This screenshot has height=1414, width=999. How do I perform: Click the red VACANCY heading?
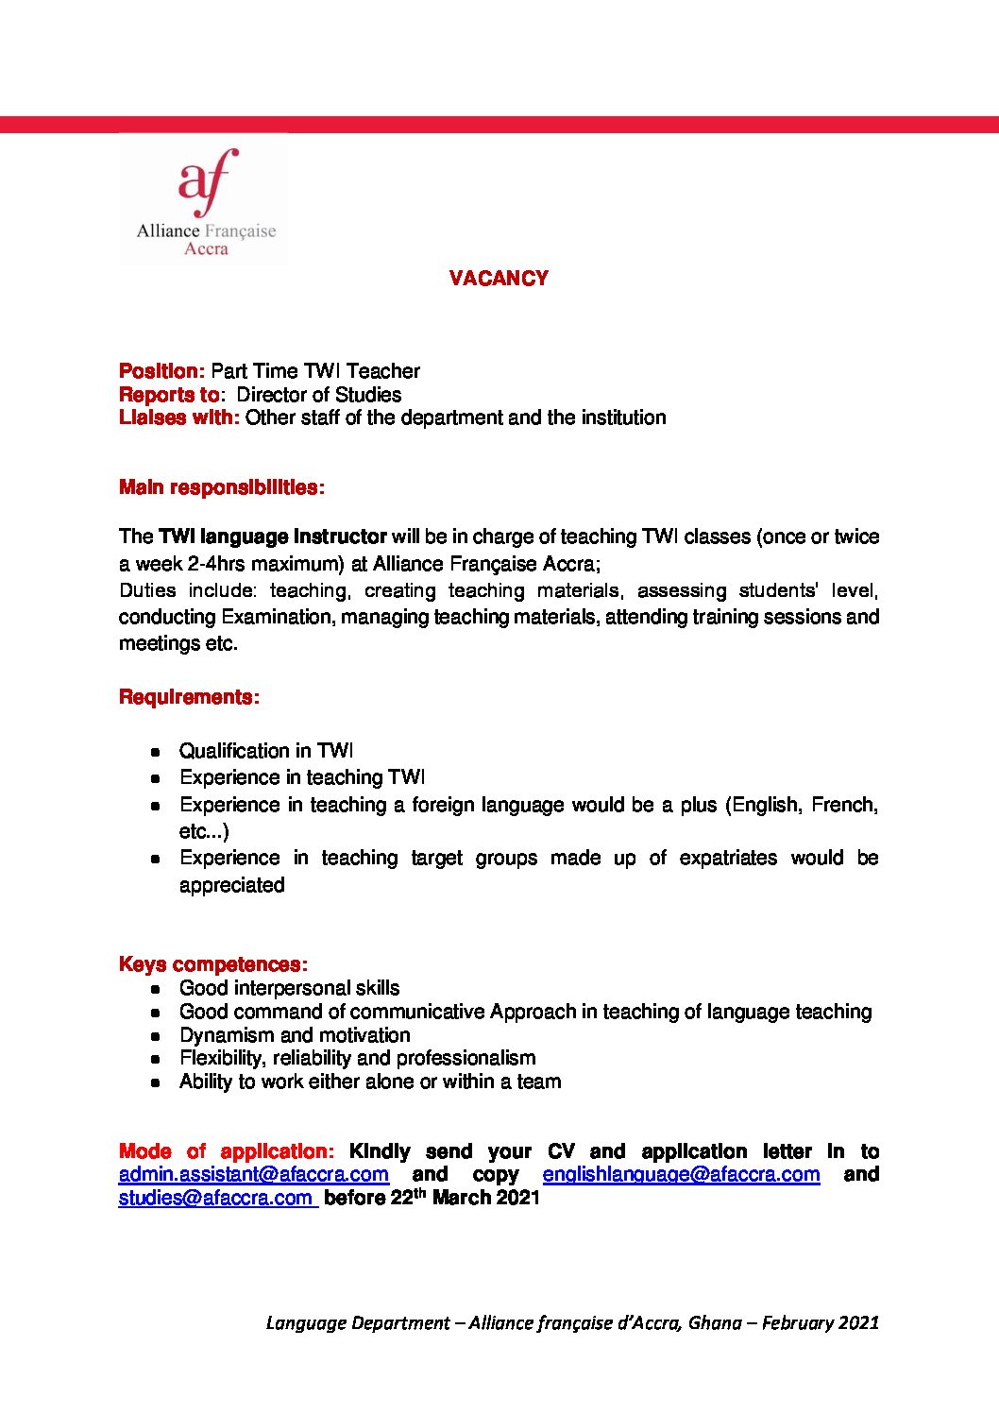point(499,278)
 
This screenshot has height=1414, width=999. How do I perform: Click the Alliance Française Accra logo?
point(205,200)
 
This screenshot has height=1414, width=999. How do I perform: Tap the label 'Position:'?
point(161,371)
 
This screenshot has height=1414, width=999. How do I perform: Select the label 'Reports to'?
point(169,395)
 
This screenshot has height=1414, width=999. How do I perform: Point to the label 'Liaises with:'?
point(179,417)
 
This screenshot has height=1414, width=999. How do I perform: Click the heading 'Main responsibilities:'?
point(222,487)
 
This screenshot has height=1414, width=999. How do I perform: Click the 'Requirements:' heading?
point(189,697)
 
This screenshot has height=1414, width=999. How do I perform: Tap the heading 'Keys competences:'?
point(213,964)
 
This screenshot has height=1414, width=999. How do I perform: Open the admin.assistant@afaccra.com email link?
point(254,1174)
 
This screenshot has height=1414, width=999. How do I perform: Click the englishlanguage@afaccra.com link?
point(681,1174)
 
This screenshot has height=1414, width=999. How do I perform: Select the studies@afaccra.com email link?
point(216,1198)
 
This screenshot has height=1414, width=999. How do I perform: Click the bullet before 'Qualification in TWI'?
point(156,752)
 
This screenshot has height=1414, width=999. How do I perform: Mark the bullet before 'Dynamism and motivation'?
point(156,1036)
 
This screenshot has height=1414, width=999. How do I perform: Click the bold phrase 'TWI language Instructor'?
point(273,537)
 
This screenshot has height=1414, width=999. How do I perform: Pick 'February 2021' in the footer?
point(820,1322)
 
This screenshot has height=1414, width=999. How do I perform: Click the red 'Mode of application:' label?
point(226,1151)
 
